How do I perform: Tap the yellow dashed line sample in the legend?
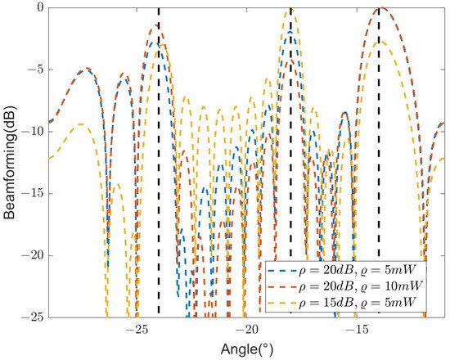pos(283,304)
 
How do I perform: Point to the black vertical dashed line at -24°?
pos(159,164)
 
